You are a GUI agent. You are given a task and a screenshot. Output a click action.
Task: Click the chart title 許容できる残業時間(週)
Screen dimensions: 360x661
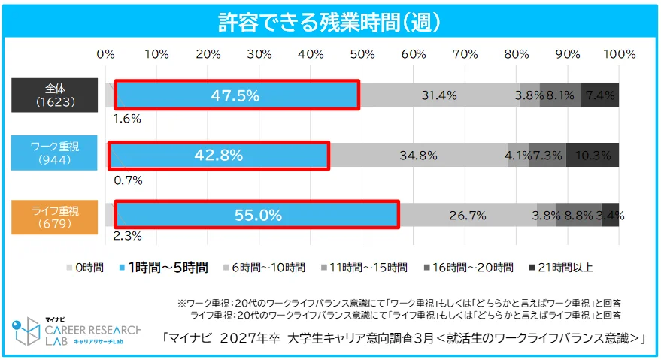(x=329, y=22)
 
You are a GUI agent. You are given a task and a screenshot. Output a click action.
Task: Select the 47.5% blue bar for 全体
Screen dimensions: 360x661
(x=236, y=95)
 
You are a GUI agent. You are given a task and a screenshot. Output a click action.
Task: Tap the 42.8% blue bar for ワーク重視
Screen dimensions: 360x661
(x=218, y=155)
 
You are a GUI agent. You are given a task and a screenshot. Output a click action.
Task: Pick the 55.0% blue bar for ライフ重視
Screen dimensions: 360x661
(x=256, y=215)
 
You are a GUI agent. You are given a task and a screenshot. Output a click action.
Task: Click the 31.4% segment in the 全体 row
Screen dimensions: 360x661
(x=439, y=95)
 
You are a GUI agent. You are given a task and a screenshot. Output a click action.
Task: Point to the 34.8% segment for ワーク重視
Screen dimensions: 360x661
(x=418, y=155)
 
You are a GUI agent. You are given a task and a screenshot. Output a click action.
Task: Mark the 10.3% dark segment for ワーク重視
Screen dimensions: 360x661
(x=593, y=155)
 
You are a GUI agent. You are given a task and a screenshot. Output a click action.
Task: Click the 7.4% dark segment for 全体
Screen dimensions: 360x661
(x=600, y=95)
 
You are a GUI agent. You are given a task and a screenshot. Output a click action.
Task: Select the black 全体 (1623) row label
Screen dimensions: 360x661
(x=44, y=95)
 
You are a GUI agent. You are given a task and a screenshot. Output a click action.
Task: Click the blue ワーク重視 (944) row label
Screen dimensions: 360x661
(x=44, y=154)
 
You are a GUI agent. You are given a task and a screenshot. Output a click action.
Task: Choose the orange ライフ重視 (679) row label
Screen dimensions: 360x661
(x=44, y=214)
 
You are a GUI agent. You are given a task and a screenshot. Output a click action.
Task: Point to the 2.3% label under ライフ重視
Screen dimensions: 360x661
(x=127, y=237)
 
